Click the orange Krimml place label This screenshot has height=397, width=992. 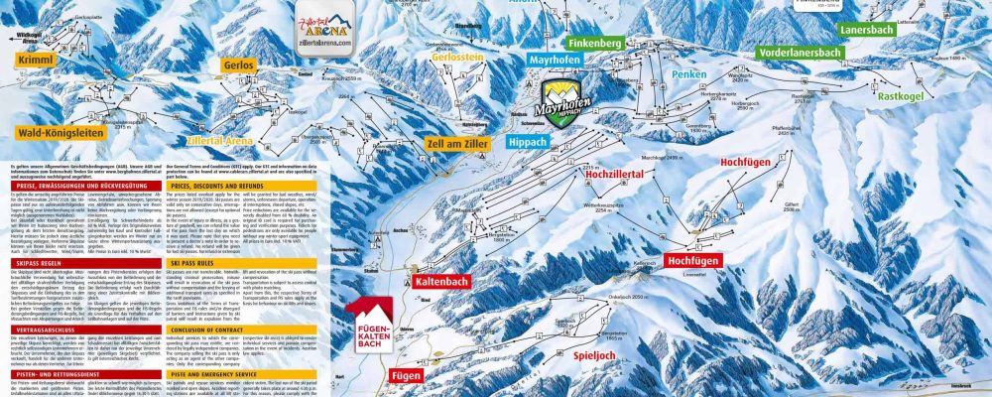click(x=33, y=60)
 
